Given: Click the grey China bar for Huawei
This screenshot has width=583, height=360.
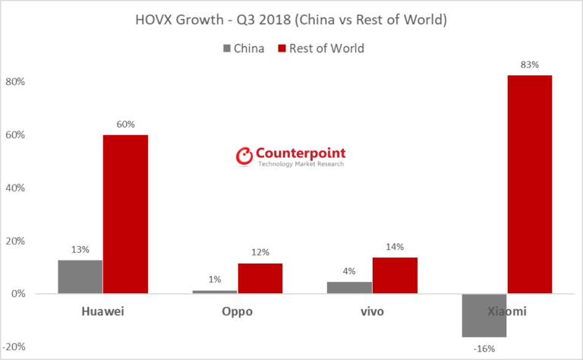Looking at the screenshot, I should tap(80, 276).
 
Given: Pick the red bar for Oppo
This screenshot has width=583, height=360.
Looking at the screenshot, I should tap(260, 278).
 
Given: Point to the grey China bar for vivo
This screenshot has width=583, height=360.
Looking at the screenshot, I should tap(349, 288).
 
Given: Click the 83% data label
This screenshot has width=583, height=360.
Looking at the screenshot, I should tap(529, 65).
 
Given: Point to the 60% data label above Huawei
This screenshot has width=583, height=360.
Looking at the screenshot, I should tap(125, 125).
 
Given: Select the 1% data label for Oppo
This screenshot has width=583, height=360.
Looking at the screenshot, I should tap(215, 279).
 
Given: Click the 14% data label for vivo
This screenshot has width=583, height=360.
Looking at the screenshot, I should tap(395, 247).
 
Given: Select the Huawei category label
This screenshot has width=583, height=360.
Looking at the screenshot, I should tap(102, 311).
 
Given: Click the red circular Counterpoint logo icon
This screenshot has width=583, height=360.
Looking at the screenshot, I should tap(244, 156).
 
